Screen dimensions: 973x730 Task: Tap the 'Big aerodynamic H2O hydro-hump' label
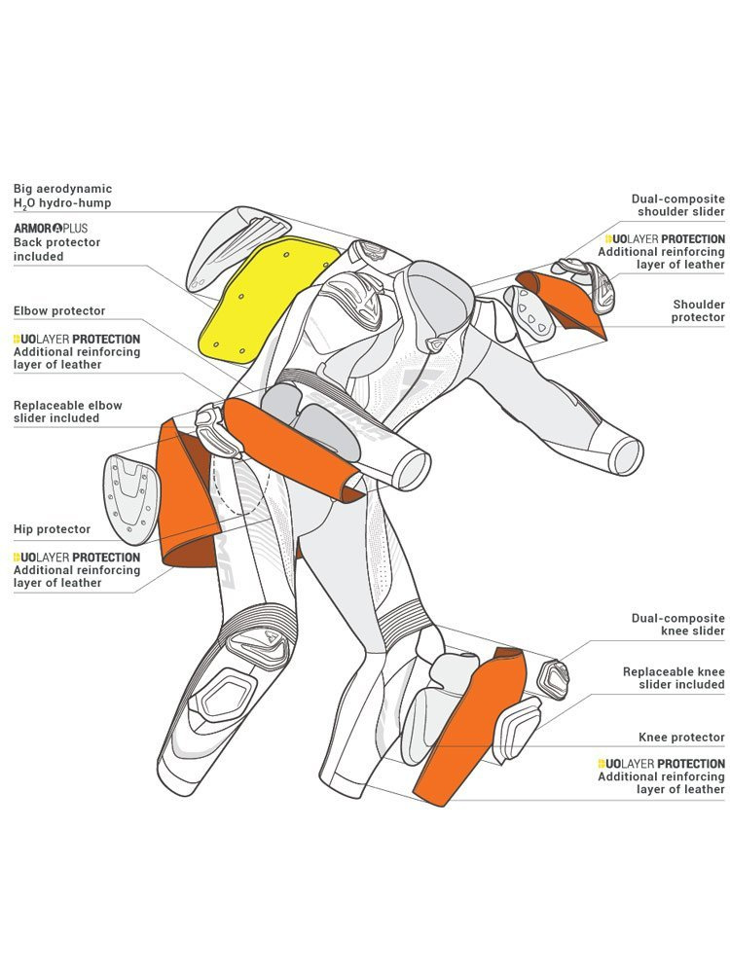62,196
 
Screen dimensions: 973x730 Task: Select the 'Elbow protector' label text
59,311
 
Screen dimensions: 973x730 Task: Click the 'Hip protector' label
52,529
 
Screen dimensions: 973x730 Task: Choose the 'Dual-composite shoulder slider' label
678,205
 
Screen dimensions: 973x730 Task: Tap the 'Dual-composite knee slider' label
678,625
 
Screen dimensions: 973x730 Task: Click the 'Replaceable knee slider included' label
674,678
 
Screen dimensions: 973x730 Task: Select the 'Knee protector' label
681,738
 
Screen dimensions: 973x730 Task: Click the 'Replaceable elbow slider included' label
68,412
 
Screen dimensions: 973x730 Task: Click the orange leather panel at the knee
472,730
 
